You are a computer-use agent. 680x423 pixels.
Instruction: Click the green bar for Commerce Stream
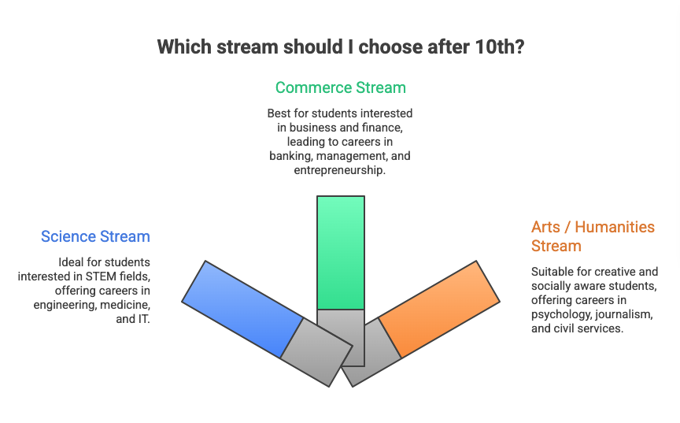(340, 252)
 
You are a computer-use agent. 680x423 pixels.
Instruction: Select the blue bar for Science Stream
(242, 309)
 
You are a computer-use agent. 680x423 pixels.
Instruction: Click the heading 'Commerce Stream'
(340, 87)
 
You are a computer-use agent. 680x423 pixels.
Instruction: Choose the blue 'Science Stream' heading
(95, 236)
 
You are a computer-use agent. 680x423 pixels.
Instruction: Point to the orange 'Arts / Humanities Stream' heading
(593, 236)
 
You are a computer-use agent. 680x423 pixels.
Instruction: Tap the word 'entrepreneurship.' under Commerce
(340, 169)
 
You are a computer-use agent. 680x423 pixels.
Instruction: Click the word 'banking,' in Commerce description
(292, 156)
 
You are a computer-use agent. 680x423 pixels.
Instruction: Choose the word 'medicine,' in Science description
(127, 305)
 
